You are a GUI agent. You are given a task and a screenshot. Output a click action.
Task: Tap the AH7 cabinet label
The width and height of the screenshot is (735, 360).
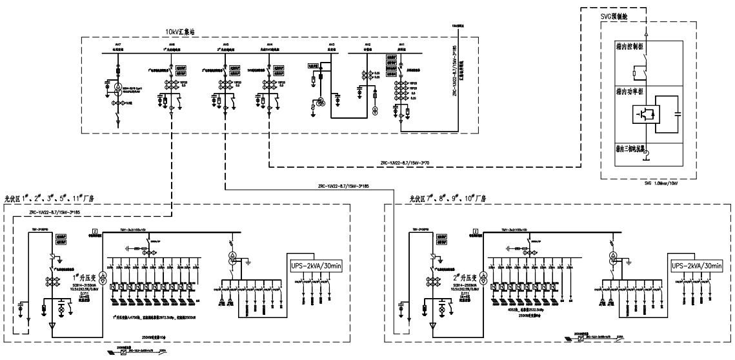(x=117, y=45)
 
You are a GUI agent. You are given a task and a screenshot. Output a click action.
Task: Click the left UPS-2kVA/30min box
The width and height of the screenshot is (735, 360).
(x=314, y=265)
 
